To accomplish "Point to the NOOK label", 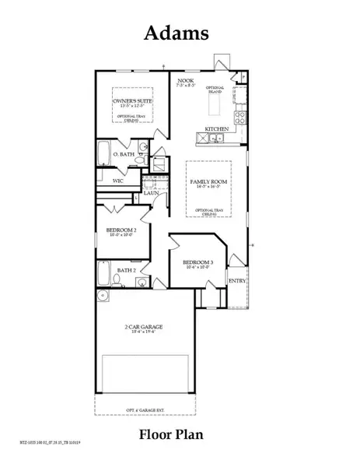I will pyautogui.click(x=185, y=80).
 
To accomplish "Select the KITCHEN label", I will pyautogui.click(x=215, y=128).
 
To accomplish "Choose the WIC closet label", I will pyautogui.click(x=107, y=180).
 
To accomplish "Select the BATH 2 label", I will pyautogui.click(x=126, y=270).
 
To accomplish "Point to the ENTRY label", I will pyautogui.click(x=236, y=282).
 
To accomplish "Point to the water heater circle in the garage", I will pyautogui.click(x=103, y=298).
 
